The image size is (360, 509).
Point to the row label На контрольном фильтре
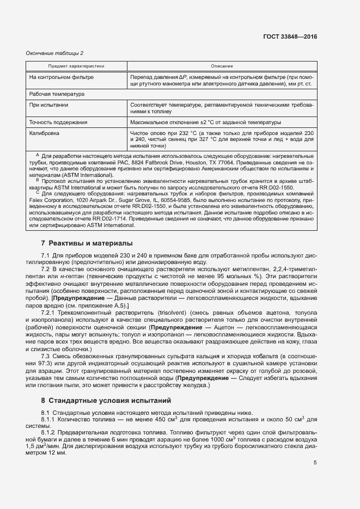coord(61,77)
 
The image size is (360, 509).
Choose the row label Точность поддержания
coord(58,122)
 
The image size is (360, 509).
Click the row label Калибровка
coord(45,133)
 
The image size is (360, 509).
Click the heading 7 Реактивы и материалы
coord(87,243)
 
